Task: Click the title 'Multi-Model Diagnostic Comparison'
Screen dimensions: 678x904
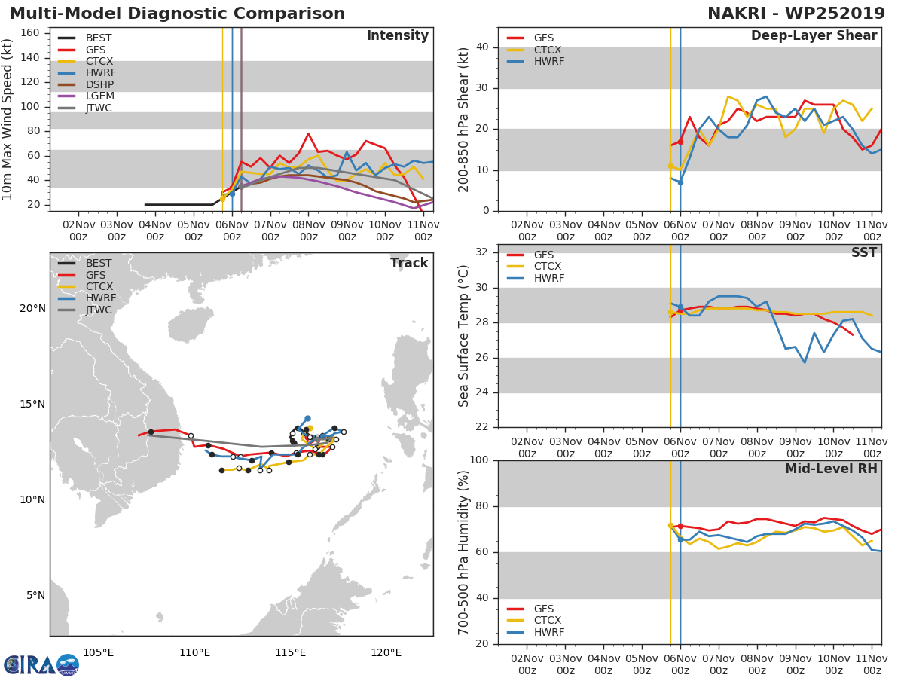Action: pyautogui.click(x=177, y=14)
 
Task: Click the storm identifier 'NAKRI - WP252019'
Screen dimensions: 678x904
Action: pyautogui.click(x=796, y=14)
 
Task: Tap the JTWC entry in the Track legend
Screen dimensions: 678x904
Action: pyautogui.click(x=99, y=310)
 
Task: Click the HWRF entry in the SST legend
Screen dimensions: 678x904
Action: pyautogui.click(x=549, y=279)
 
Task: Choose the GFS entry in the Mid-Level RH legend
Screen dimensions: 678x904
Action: pyautogui.click(x=543, y=609)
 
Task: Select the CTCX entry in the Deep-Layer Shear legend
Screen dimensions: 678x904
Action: pyautogui.click(x=548, y=50)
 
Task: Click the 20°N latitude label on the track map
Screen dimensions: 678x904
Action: pyautogui.click(x=32, y=308)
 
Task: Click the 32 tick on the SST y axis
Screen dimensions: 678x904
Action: pyautogui.click(x=482, y=252)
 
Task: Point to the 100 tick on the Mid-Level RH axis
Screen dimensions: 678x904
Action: pyautogui.click(x=479, y=460)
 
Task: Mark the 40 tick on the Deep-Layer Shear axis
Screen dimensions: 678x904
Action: pyautogui.click(x=482, y=47)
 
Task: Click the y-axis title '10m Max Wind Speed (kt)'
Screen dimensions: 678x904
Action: pyautogui.click(x=8, y=121)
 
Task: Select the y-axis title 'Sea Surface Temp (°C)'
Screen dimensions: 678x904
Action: pyautogui.click(x=464, y=336)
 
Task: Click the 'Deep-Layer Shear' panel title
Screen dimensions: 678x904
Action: pyautogui.click(x=814, y=36)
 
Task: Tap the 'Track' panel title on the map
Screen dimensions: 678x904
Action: pyautogui.click(x=409, y=263)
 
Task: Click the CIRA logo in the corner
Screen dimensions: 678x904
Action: pyautogui.click(x=41, y=664)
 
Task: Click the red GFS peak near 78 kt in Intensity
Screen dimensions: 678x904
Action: pyautogui.click(x=308, y=133)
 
